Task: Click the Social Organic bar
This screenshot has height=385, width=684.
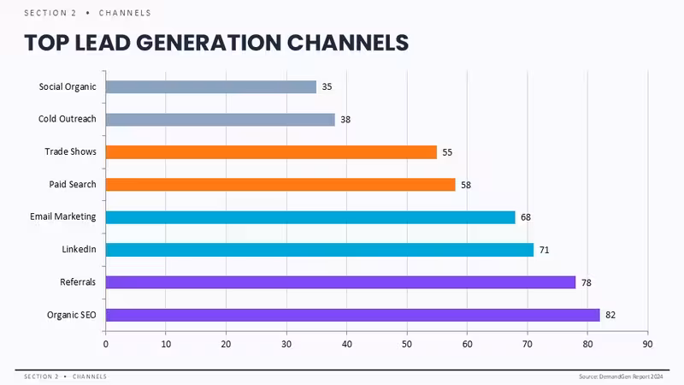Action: tap(211, 87)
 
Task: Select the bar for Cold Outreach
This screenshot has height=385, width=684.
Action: tap(221, 120)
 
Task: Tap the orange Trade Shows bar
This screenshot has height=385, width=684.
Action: tap(271, 152)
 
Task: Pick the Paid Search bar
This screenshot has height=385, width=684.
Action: tap(280, 185)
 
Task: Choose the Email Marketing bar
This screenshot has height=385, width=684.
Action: tap(310, 217)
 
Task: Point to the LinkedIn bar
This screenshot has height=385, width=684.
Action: tap(320, 250)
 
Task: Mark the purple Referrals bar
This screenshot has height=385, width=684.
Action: tap(340, 282)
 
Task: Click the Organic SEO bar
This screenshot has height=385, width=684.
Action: tap(353, 315)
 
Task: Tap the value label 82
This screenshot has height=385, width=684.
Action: tap(610, 315)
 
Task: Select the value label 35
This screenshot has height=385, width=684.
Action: tap(327, 87)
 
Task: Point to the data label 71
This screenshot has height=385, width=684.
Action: tap(544, 250)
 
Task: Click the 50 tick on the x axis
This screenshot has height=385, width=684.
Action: tap(407, 344)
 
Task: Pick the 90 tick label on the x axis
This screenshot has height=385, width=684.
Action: tap(647, 344)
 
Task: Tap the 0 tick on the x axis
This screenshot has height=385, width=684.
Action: tap(105, 344)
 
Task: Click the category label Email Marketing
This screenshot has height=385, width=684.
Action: tap(62, 217)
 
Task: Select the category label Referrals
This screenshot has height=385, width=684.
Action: tap(78, 282)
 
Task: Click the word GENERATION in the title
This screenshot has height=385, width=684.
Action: tap(209, 43)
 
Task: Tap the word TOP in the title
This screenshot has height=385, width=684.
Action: tap(47, 43)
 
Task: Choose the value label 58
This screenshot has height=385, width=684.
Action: tap(466, 185)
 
